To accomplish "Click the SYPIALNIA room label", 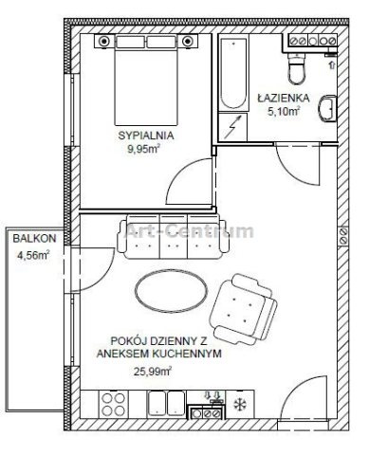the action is (146, 136).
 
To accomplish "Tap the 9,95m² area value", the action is (143, 149).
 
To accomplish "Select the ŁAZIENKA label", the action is (284, 98).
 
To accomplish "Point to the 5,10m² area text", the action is (284, 111).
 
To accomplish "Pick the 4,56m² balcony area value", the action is (34, 255).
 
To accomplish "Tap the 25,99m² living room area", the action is (153, 372).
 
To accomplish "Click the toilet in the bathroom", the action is (297, 69).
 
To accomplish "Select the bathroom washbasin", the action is (328, 108).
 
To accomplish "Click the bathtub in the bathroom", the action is (233, 74).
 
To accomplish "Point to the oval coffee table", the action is (172, 291).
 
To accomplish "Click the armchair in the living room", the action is (243, 310).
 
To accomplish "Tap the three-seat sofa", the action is (173, 237).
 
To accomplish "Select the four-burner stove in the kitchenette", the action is (114, 405).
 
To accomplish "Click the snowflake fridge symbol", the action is (240, 405).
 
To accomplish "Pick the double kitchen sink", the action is (166, 404).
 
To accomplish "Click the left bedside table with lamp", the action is (103, 41).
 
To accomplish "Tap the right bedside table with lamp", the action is (188, 41).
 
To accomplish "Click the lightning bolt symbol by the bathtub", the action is (233, 127).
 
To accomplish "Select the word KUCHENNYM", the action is (187, 354).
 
